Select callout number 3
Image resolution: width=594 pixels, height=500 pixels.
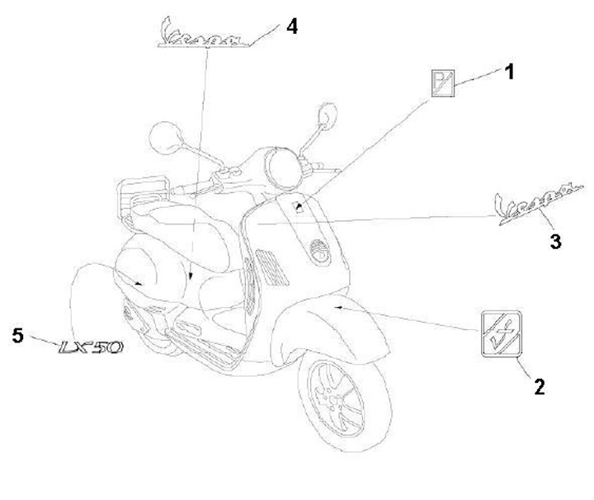click(555, 241)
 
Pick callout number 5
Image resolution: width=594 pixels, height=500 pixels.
click(18, 333)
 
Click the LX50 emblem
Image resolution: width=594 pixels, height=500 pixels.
click(91, 347)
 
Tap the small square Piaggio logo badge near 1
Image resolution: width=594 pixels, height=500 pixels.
click(444, 83)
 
